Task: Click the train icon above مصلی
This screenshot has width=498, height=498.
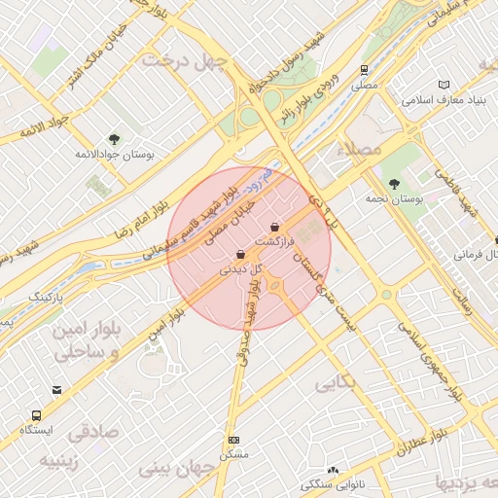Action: [x=364, y=70]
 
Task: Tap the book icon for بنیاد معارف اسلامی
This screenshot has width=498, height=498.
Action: [x=445, y=86]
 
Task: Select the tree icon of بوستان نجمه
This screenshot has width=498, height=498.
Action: [x=393, y=183]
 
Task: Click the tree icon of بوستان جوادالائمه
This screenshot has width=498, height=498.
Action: [x=114, y=139]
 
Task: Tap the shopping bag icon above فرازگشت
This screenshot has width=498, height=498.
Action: [x=274, y=226]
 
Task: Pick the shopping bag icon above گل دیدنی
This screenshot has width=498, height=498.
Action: [x=240, y=254]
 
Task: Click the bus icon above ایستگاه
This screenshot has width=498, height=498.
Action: [x=37, y=415]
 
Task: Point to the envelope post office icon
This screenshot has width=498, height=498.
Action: [x=57, y=391]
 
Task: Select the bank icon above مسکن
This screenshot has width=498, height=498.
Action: [x=232, y=440]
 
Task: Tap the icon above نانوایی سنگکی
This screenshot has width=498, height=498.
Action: [x=334, y=470]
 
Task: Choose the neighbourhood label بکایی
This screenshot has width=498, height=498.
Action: [x=337, y=382]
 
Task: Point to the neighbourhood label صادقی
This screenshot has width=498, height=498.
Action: [x=92, y=431]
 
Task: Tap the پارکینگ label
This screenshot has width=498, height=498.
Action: [x=44, y=295]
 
